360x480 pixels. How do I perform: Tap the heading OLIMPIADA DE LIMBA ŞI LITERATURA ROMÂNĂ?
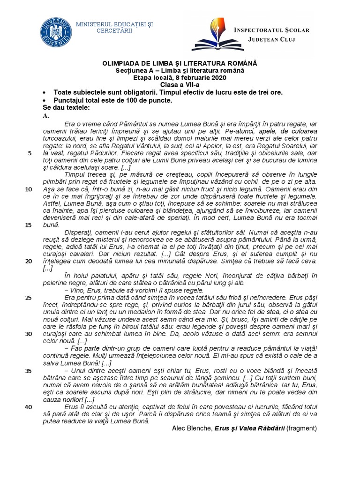(180, 63)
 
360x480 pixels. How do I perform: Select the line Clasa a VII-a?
(180, 85)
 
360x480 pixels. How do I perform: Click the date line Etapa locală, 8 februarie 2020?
(180, 78)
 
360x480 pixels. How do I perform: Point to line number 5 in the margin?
(30, 153)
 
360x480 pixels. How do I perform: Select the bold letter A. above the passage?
(45, 115)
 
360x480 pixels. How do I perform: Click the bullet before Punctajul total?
(44, 101)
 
